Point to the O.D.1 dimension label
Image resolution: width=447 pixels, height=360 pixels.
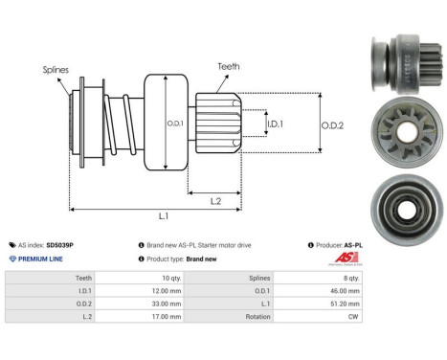175,122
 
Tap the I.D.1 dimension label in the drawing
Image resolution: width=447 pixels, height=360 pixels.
275,124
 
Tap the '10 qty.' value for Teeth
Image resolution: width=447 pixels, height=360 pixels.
168,276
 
